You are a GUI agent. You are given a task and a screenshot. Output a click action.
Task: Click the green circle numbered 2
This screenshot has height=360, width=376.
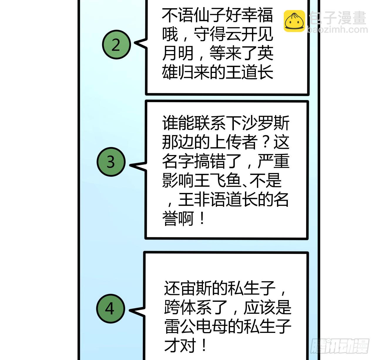click(116, 45)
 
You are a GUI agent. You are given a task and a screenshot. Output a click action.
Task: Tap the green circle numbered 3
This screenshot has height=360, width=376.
click(111, 162)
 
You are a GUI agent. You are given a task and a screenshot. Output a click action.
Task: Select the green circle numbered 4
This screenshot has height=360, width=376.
click(110, 309)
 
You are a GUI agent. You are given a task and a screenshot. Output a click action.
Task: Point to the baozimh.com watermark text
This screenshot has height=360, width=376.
click(338, 29)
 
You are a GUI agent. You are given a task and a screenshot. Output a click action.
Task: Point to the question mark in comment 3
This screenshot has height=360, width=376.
click(265, 143)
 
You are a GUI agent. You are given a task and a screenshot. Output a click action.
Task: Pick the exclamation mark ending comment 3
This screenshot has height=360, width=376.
click(202, 219)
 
